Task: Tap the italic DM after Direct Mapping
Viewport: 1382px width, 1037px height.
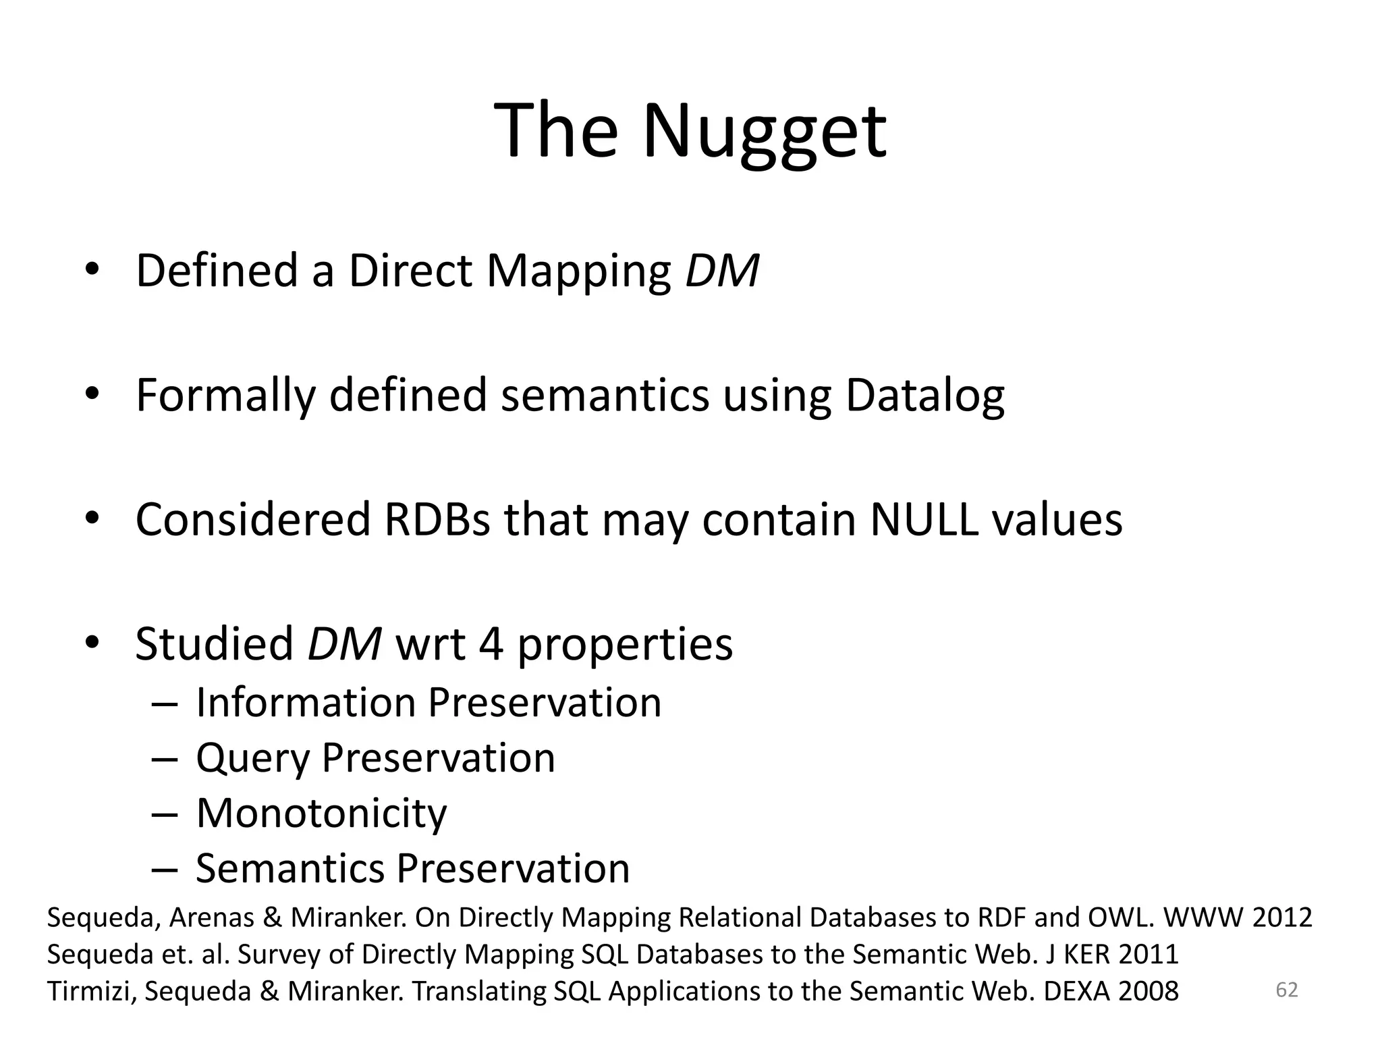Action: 721,271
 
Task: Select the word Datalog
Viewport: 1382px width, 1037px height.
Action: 924,396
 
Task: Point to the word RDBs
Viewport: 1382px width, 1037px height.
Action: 437,520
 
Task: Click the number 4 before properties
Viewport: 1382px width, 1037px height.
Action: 491,644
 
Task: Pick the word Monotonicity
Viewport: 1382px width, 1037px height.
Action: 321,814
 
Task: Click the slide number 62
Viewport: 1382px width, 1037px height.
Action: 1286,990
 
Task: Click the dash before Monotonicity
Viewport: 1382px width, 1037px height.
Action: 164,814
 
